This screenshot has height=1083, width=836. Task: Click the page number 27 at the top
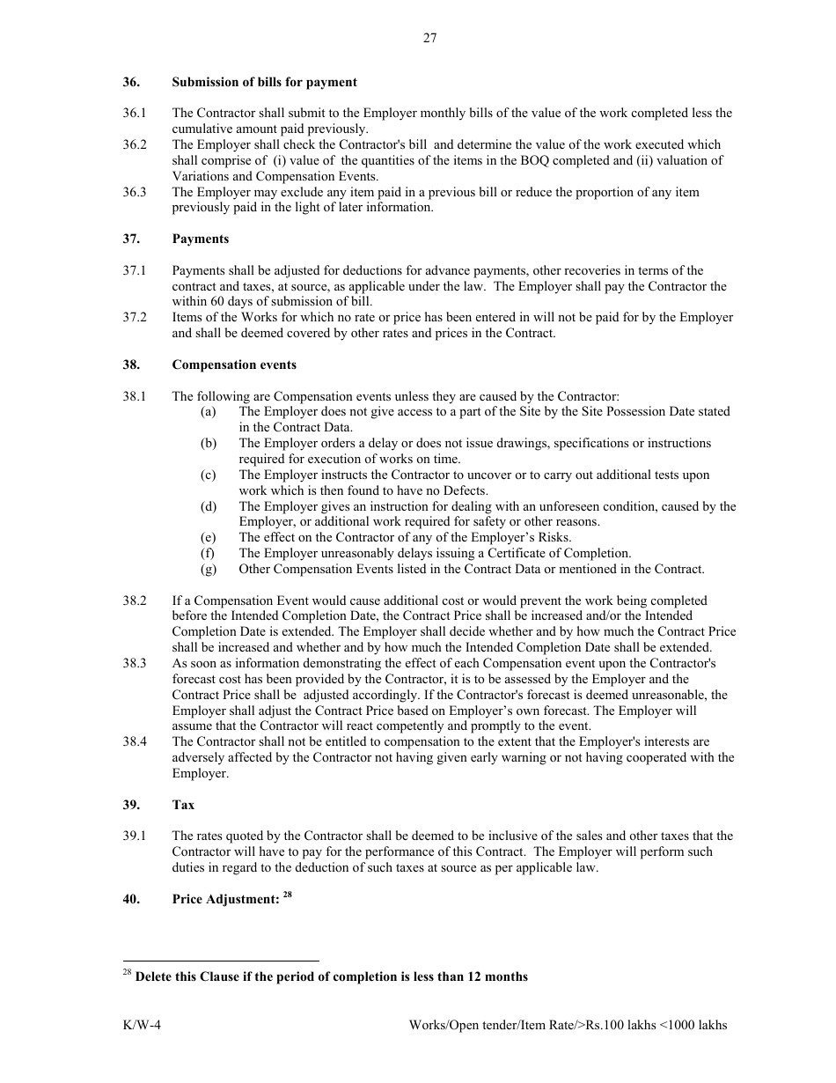pyautogui.click(x=429, y=38)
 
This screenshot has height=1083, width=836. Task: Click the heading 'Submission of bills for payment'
pyautogui.click(x=264, y=82)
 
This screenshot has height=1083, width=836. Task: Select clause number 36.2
pyautogui.click(x=135, y=144)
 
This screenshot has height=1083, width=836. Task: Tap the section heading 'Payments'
pyautogui.click(x=200, y=239)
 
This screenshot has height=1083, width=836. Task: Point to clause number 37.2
pyautogui.click(x=135, y=317)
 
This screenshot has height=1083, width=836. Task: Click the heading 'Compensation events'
pyautogui.click(x=234, y=365)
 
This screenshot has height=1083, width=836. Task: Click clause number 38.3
pyautogui.click(x=135, y=663)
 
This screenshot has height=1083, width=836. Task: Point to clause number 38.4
pyautogui.click(x=135, y=741)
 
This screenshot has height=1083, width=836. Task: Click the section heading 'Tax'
pyautogui.click(x=183, y=805)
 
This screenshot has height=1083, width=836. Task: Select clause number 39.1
pyautogui.click(x=135, y=836)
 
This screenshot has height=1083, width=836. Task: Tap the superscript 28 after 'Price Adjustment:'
pyautogui.click(x=287, y=895)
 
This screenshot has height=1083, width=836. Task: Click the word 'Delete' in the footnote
pyautogui.click(x=155, y=976)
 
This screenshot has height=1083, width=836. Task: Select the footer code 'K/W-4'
pyautogui.click(x=142, y=1026)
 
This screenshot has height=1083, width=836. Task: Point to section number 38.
pyautogui.click(x=131, y=365)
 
